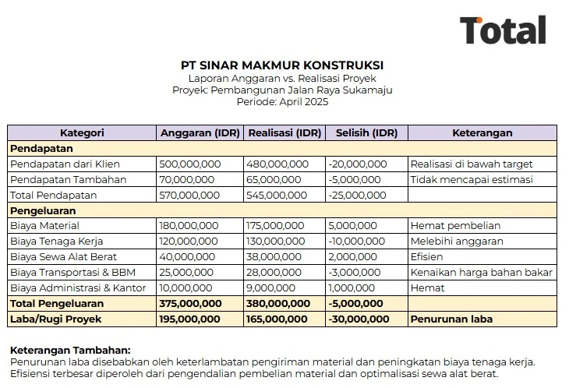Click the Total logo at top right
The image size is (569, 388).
pyautogui.click(x=503, y=30)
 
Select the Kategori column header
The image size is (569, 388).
pyautogui.click(x=82, y=132)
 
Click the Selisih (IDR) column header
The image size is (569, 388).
pyautogui.click(x=366, y=132)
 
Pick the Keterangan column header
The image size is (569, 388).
pyautogui.click(x=482, y=132)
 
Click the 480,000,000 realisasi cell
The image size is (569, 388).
pyautogui.click(x=277, y=164)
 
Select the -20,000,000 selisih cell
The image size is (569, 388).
pyautogui.click(x=358, y=164)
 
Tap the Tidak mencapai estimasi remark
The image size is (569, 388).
pyautogui.click(x=472, y=179)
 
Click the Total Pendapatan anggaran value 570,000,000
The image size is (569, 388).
pyautogui.click(x=190, y=195)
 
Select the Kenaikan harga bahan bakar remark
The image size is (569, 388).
pyautogui.click(x=482, y=272)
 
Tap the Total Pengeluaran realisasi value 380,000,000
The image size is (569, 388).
pyautogui.click(x=277, y=303)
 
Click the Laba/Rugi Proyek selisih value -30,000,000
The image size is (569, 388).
pyautogui.click(x=359, y=319)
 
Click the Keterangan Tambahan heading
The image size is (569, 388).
pyautogui.click(x=70, y=351)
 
